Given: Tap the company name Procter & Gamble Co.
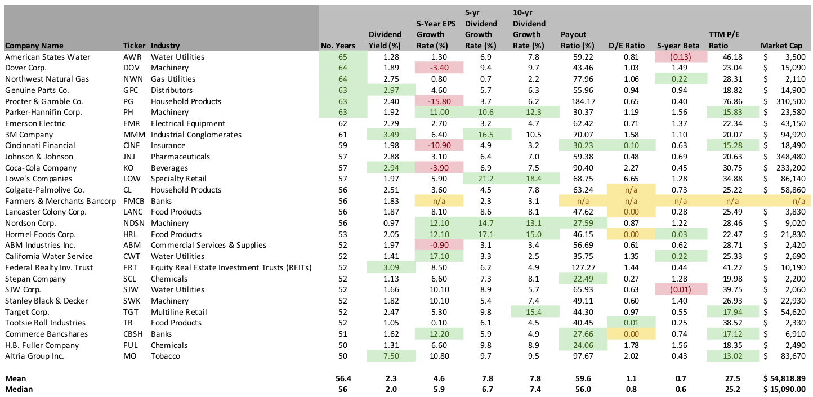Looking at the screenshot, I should (x=44, y=101).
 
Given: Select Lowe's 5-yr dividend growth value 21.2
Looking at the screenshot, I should (x=488, y=179).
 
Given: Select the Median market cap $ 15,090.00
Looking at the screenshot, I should (x=783, y=389).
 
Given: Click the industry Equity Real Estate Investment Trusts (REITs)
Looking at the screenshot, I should (x=231, y=267).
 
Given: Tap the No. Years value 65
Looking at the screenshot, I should (x=343, y=57).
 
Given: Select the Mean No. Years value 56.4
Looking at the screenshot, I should (x=341, y=378).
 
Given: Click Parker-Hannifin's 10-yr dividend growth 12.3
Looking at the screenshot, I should (x=536, y=112).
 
